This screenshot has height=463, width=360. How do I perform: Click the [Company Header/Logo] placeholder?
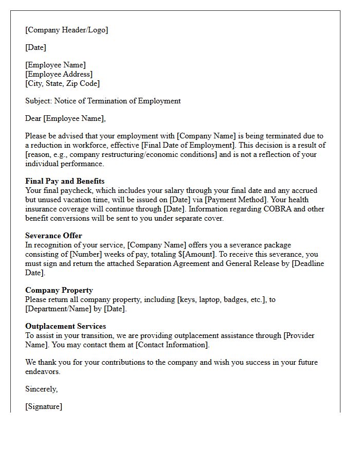(x=67, y=30)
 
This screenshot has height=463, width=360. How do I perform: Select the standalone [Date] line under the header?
(x=35, y=47)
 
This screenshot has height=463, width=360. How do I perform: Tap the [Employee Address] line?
(x=59, y=74)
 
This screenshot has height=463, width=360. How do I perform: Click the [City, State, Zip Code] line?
(x=62, y=83)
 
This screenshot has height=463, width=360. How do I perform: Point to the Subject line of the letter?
(x=103, y=101)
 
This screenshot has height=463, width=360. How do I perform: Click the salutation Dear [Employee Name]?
(x=65, y=118)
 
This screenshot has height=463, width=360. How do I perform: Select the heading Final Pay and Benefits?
(x=65, y=181)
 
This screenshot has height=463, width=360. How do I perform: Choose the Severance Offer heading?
(x=54, y=236)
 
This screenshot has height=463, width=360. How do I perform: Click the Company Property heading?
(x=59, y=290)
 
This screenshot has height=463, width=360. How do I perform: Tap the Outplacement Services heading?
(x=65, y=326)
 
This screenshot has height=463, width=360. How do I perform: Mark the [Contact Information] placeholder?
(x=172, y=345)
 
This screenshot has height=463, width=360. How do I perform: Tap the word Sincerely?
(x=42, y=389)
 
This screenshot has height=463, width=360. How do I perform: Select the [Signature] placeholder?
(x=44, y=406)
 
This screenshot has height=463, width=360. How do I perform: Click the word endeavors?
(x=43, y=371)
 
